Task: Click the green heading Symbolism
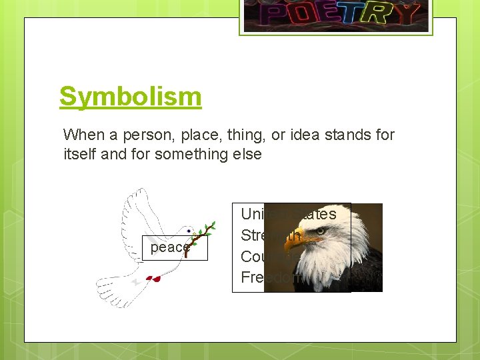(130, 97)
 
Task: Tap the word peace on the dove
(169, 247)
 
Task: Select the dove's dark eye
(189, 232)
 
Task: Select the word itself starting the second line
(80, 154)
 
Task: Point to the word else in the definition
(247, 154)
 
